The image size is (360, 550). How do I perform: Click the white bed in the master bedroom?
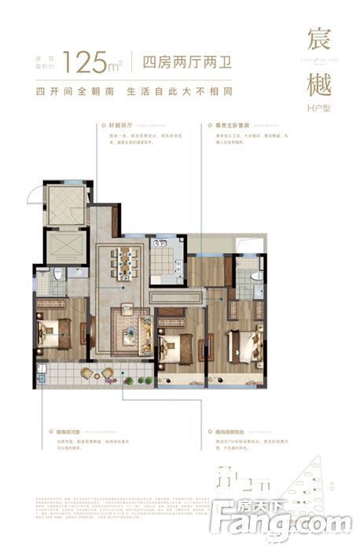[x=245, y=343]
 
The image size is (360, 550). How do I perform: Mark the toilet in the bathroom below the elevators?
[x=59, y=277]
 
